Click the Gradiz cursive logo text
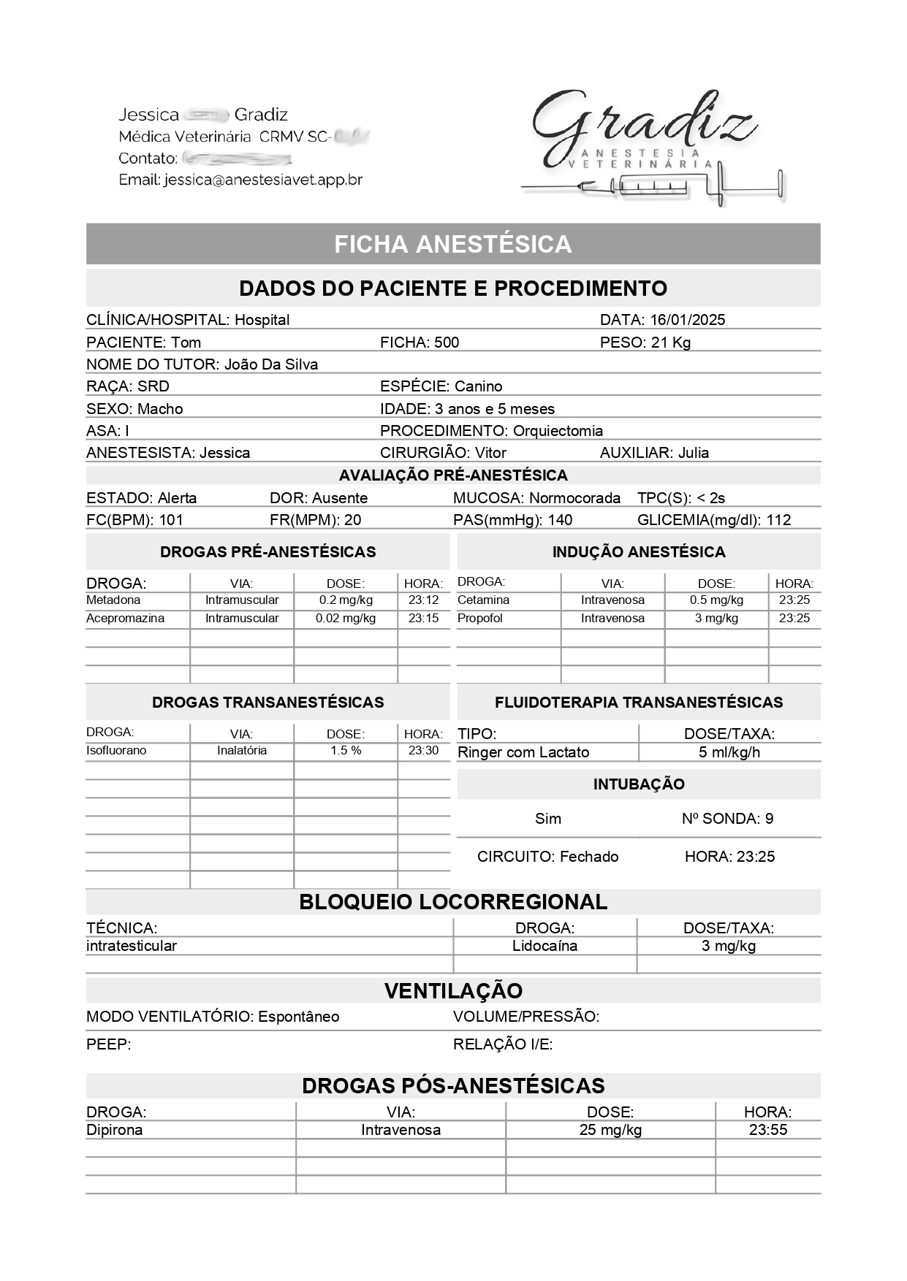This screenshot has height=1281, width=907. [643, 124]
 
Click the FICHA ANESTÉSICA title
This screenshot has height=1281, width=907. [453, 244]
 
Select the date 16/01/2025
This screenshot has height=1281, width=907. [687, 320]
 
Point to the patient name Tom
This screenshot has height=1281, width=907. [186, 343]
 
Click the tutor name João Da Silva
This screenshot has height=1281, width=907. [270, 364]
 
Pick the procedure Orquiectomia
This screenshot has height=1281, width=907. [558, 431]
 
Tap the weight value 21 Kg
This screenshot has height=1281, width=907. [671, 343]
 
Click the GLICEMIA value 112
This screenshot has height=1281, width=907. [778, 520]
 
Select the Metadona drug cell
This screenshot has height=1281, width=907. [113, 600]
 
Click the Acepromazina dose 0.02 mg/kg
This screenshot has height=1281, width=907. [346, 619]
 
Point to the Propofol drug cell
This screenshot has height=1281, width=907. [480, 619]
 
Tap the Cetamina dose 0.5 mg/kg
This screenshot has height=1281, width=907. [716, 600]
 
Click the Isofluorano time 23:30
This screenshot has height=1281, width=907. [423, 751]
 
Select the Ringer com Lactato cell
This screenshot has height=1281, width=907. [523, 752]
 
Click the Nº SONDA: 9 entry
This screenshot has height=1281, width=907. [727, 819]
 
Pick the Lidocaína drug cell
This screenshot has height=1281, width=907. [544, 947]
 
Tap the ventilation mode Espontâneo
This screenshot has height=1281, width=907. [298, 1017]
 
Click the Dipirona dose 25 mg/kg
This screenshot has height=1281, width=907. [610, 1131]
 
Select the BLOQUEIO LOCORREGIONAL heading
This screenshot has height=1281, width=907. [453, 902]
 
